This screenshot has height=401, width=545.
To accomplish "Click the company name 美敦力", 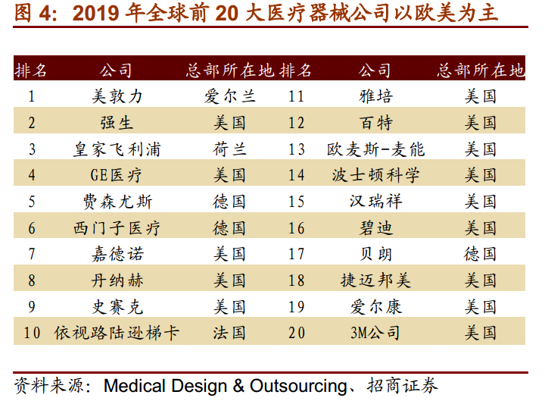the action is pos(117,96).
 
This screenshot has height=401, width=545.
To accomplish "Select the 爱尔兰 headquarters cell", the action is pos(230,96).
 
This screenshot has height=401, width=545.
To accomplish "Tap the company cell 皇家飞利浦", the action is pos(117,149).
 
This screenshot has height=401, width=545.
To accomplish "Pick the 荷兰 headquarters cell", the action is pos(230,149).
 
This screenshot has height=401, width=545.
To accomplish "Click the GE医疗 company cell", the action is pos(116,175).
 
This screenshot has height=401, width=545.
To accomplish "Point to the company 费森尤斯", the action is pos(117,202).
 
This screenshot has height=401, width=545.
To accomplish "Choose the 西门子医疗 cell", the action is pos(117,228).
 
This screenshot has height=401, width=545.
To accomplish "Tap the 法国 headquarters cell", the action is pos(229,333).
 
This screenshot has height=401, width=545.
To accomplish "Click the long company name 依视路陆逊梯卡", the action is pos(117,333).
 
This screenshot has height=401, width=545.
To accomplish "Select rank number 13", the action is pos(297,149).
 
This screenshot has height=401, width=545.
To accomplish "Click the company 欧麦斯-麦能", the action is pos(375,149).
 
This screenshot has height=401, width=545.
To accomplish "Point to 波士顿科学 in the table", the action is pos(375,175).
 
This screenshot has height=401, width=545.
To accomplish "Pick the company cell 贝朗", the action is pos(375,255).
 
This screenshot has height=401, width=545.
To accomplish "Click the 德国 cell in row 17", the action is pos(481,255).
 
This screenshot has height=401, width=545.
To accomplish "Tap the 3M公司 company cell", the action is pos(375,333).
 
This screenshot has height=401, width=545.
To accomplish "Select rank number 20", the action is pos(297,333).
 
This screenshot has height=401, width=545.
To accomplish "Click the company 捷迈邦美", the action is pos(375,280).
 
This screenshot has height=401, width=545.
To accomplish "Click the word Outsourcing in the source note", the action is pos(298,386).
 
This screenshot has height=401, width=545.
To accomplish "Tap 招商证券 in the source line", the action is pos(402,386).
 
